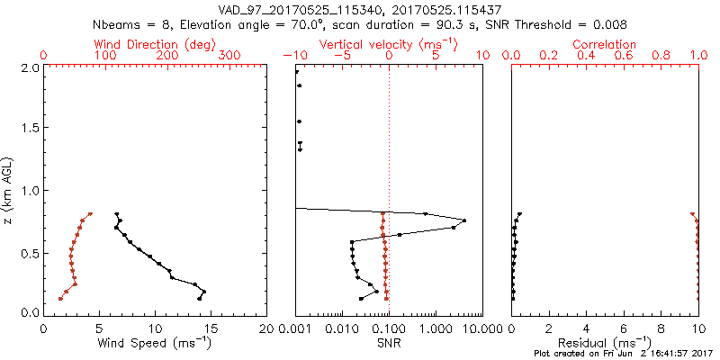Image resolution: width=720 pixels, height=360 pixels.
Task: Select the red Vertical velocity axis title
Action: click(x=388, y=44)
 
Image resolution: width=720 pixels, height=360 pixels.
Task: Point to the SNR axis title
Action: click(x=388, y=343)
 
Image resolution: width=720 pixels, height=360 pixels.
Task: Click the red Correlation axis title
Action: click(x=605, y=44)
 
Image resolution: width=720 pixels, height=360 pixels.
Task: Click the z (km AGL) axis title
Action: click(x=8, y=189)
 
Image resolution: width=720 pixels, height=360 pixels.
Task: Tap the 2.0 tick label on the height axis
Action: click(x=29, y=67)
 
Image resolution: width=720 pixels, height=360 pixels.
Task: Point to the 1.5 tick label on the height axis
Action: click(x=29, y=129)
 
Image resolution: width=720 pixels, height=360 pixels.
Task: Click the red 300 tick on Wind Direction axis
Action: click(x=230, y=56)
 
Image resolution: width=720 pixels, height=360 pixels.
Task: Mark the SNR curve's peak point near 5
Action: click(x=464, y=220)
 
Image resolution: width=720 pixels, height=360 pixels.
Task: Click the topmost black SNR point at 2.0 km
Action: click(x=296, y=71)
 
